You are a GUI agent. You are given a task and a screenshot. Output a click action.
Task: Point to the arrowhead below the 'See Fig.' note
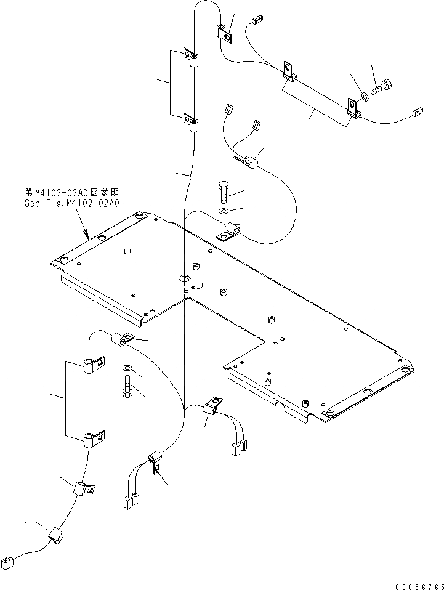pyautogui.click(x=87, y=235)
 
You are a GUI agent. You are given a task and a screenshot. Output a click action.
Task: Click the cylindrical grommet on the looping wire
pyautogui.click(x=250, y=162)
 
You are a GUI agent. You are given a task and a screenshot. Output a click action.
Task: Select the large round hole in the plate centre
pyautogui.click(x=185, y=279)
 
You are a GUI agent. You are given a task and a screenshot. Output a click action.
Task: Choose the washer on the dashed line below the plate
pyautogui.click(x=127, y=368)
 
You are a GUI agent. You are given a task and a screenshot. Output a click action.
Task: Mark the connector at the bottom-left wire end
pyautogui.click(x=9, y=560)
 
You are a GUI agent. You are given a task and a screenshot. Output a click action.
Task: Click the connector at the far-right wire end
pyautogui.click(x=418, y=111)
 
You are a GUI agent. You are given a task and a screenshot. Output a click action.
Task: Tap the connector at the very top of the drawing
pyautogui.click(x=257, y=20)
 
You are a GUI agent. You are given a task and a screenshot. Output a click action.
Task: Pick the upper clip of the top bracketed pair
pyautogui.click(x=192, y=59)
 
